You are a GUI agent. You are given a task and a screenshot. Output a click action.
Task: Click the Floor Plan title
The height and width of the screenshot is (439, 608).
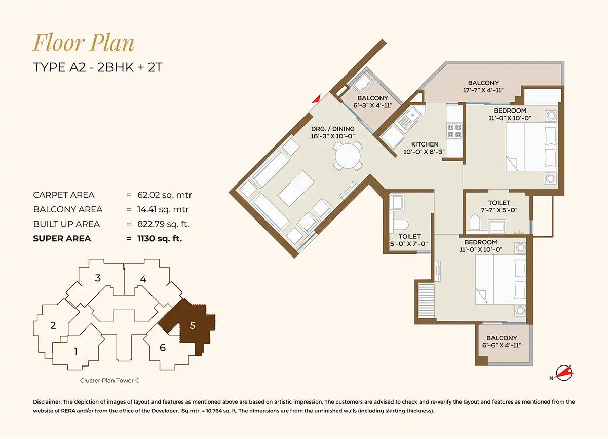(x=84, y=43)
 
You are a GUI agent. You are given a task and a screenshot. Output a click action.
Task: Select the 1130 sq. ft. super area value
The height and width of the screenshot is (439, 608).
(x=160, y=238)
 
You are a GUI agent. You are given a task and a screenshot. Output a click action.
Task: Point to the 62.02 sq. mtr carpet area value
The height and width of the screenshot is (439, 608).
(x=165, y=195)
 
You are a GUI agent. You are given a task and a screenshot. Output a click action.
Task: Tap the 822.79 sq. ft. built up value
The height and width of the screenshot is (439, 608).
(x=163, y=224)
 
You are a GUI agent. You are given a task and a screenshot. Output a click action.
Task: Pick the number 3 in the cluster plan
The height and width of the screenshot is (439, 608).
(x=98, y=278)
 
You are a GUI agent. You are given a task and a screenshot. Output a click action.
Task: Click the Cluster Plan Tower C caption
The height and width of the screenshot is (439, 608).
(x=109, y=380)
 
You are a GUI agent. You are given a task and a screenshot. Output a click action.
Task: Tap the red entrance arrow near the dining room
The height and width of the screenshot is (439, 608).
(x=317, y=99)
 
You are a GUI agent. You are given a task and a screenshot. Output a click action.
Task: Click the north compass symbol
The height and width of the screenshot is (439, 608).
(x=563, y=373)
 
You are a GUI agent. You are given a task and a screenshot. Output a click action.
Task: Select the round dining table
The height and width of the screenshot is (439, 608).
(x=348, y=156)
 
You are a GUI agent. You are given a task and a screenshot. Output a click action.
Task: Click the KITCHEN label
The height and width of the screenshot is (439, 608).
(x=425, y=144)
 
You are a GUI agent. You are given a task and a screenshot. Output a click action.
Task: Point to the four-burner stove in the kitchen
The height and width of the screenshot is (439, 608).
(x=454, y=131)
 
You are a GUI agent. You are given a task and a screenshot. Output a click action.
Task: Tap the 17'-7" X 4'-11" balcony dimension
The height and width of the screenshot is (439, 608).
(x=483, y=90)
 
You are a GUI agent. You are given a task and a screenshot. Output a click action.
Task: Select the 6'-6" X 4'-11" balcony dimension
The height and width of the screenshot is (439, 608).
(x=502, y=345)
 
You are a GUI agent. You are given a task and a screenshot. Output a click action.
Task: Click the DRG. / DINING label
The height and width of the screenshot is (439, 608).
(x=333, y=129)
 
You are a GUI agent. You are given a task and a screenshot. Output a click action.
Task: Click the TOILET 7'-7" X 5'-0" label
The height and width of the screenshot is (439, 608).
(x=499, y=206)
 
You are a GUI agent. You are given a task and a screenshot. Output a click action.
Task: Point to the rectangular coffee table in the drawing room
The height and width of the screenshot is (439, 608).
(x=296, y=188)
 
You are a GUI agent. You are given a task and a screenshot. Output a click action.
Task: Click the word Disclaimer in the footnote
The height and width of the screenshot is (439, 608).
(x=47, y=402)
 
